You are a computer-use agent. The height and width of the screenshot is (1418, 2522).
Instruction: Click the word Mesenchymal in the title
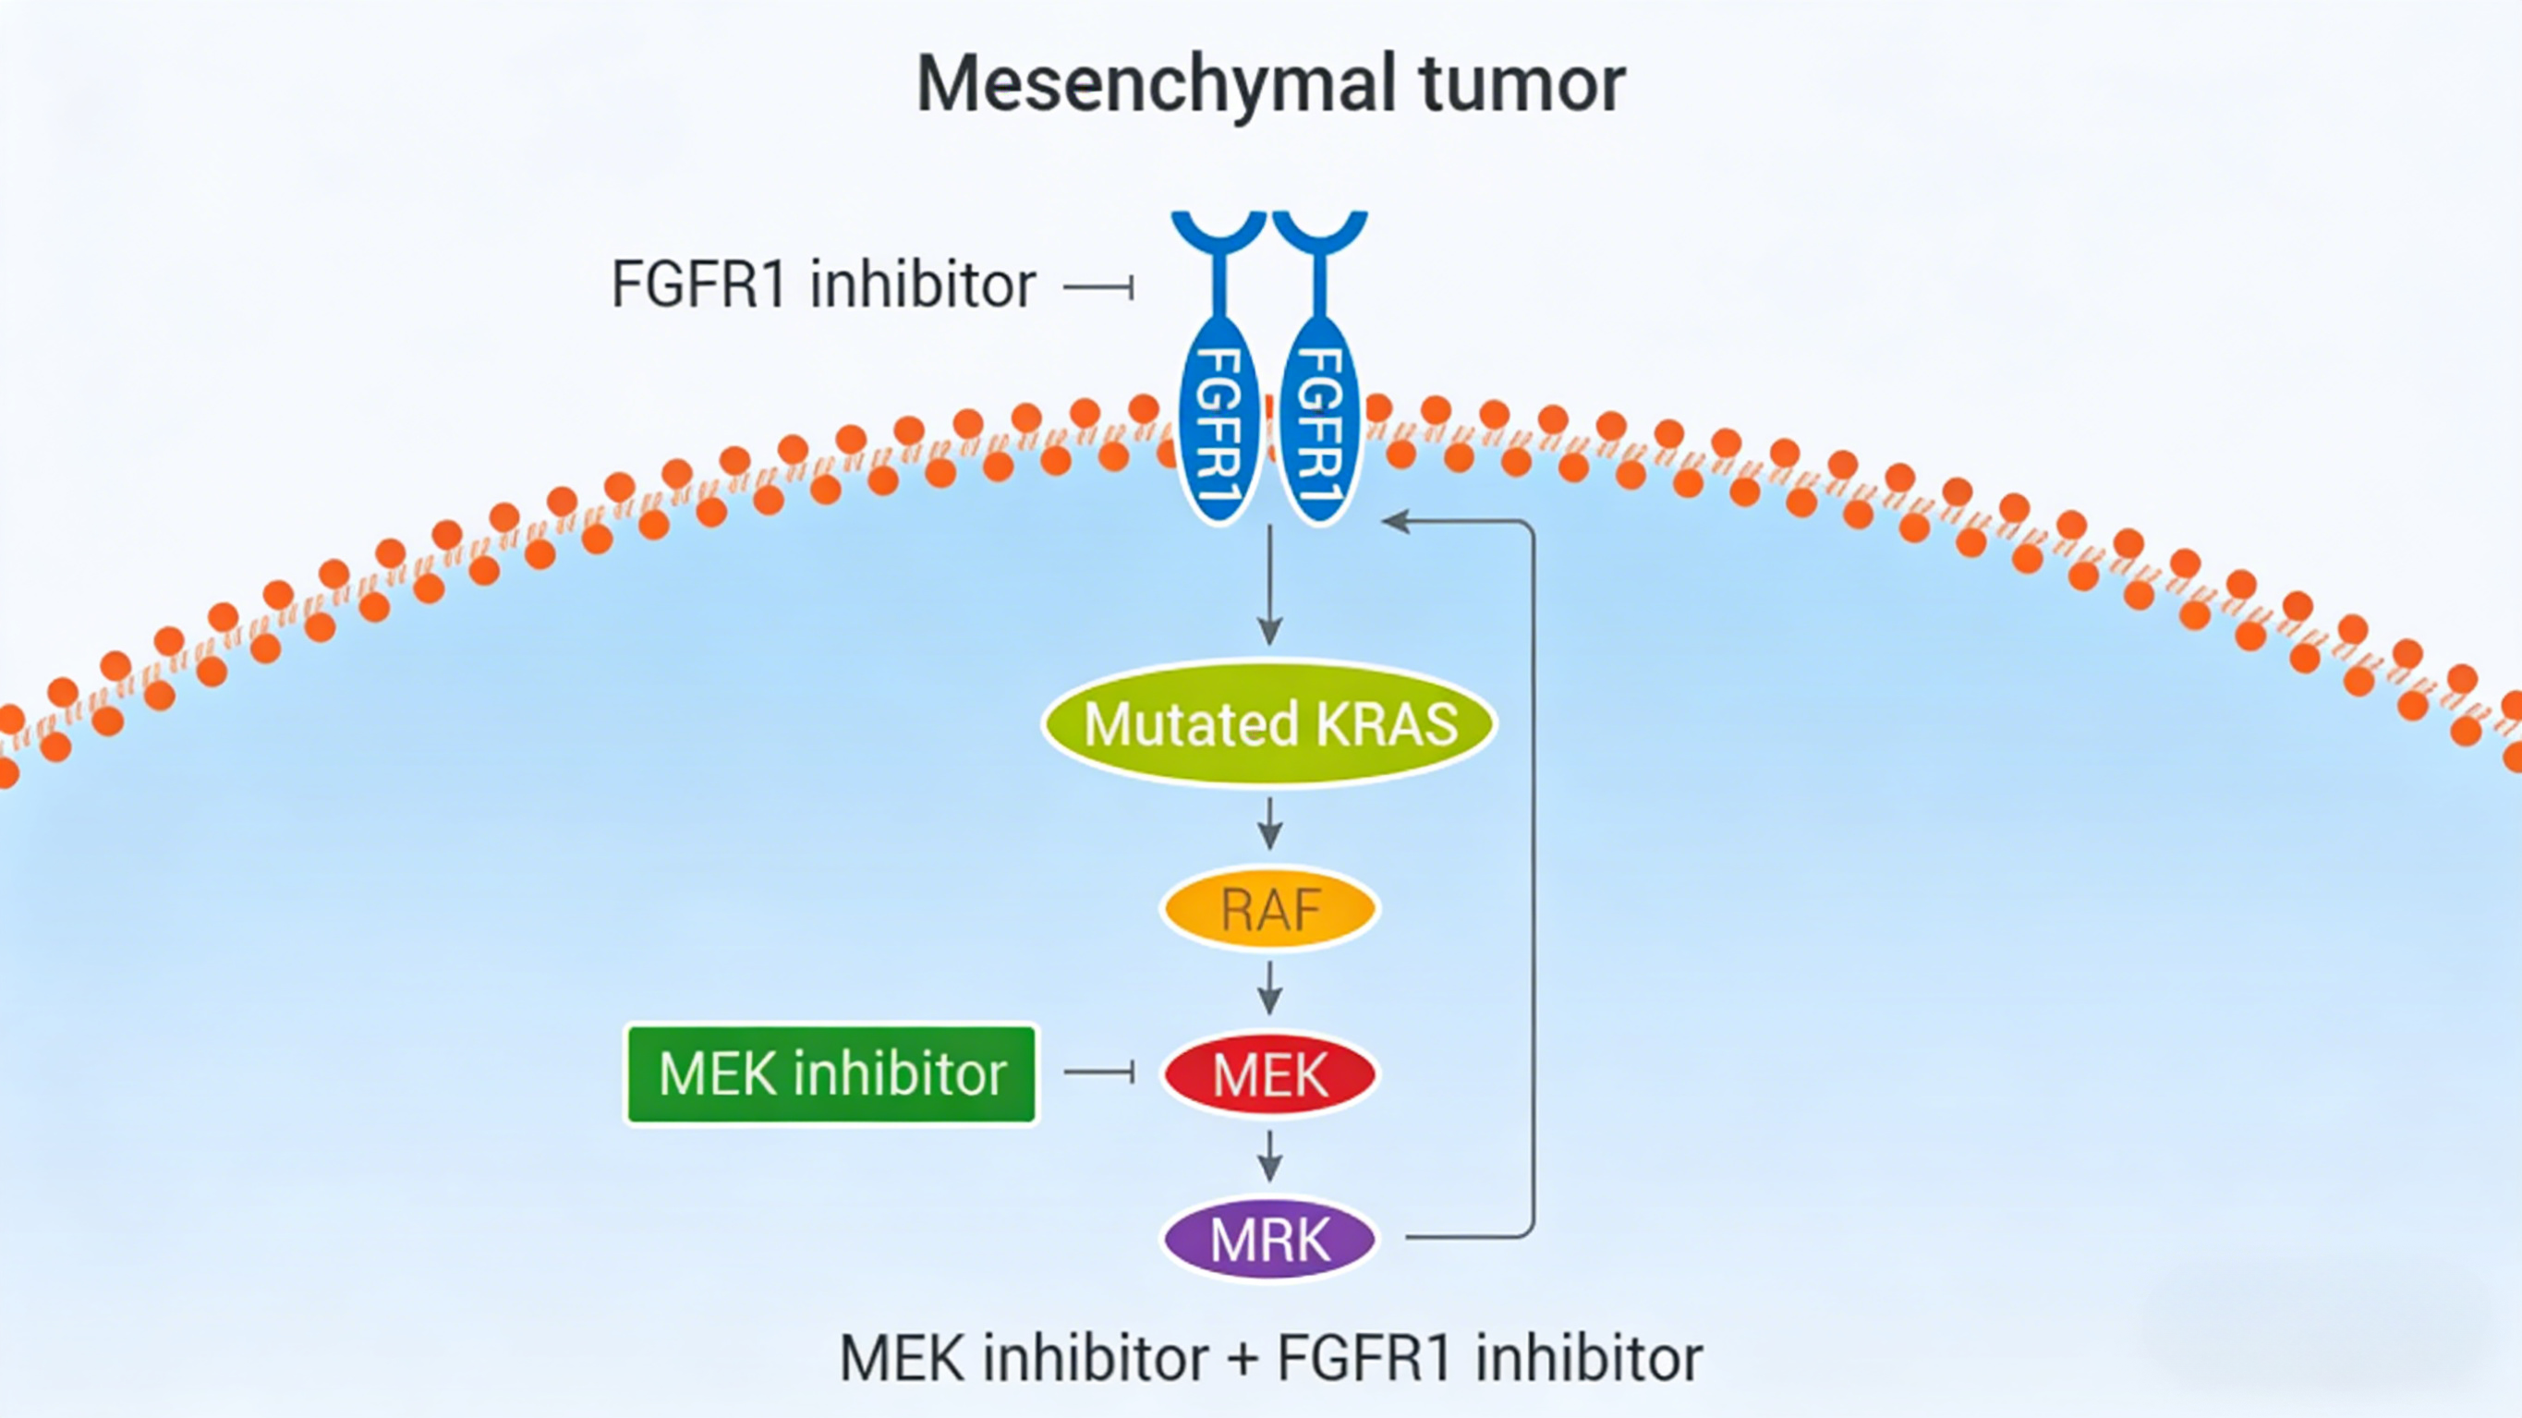pos(1156,85)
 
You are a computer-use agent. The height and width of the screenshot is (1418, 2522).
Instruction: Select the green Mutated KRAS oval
pos(1270,723)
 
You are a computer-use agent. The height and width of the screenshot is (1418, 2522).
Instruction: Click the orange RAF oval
pos(1270,909)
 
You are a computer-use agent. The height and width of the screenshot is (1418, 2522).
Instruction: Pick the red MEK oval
pos(1270,1074)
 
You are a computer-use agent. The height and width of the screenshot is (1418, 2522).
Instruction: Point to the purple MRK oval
pos(1270,1240)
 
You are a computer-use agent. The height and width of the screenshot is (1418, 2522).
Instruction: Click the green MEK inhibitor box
pos(831,1074)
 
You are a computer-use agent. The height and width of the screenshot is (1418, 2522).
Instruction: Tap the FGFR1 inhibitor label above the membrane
pos(822,285)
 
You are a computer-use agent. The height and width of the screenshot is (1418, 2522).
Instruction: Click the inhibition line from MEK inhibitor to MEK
pos(1098,1073)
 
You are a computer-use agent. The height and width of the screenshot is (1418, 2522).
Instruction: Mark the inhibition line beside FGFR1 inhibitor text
pos(1098,288)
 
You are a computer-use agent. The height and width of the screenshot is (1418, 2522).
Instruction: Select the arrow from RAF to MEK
pos(1270,989)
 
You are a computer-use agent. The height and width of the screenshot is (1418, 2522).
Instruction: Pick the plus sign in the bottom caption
pos(1243,1358)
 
